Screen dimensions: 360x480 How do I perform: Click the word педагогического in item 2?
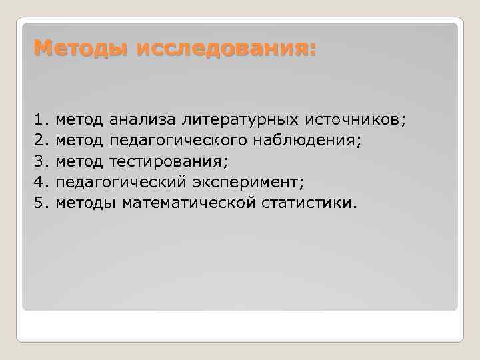tap(176, 141)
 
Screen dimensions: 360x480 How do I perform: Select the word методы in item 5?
tap(86, 203)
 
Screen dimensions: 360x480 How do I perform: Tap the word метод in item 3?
tap(79, 161)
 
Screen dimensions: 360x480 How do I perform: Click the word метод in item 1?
tap(79, 120)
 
